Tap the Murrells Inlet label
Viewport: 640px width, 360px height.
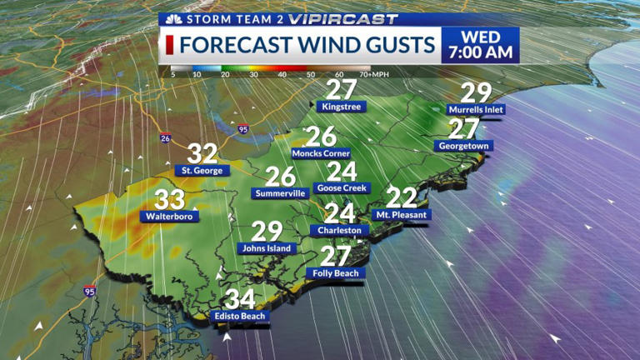click(477, 109)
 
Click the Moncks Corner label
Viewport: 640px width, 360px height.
click(321, 153)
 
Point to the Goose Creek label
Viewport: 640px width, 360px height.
click(340, 188)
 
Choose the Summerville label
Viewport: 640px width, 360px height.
click(279, 193)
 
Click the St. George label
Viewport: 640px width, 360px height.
click(201, 171)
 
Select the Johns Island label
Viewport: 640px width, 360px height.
click(266, 247)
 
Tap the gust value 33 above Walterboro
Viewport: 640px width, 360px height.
click(170, 199)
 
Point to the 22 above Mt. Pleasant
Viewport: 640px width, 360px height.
click(402, 197)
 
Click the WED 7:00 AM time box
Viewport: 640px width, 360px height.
click(480, 45)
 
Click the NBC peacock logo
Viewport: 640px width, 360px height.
click(173, 18)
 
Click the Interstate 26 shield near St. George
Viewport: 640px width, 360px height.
click(167, 138)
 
